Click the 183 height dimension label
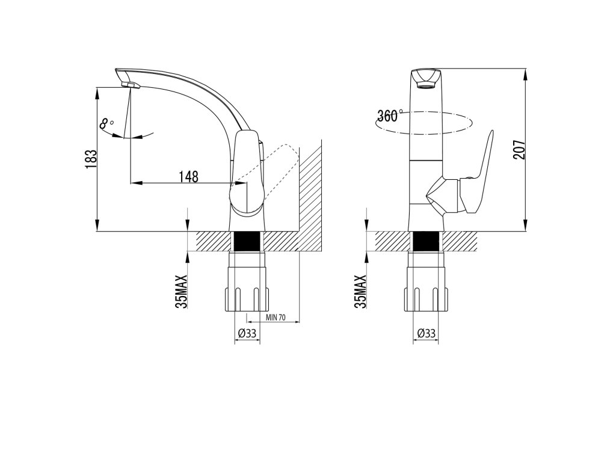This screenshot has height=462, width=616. pos(91,159)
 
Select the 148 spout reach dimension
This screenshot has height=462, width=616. pos(188,177)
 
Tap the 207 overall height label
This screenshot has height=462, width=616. pos(519,149)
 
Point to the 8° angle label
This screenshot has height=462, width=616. pos(106,124)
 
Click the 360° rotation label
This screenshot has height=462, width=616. pos(389,115)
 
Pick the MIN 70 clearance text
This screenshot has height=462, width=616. pos(276,318)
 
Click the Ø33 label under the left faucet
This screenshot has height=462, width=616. pos(247,333)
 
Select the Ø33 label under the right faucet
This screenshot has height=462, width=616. pos(427,333)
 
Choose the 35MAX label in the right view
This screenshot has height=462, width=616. pos(360,291)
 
